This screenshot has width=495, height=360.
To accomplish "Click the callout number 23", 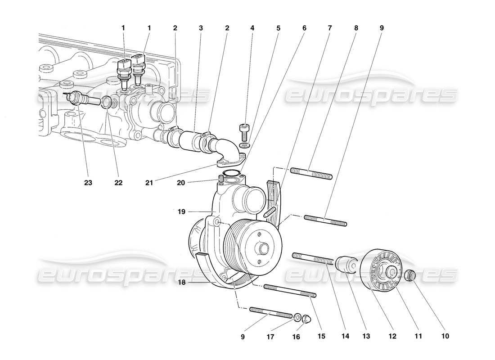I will point(88,183).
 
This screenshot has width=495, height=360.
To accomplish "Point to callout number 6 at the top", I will point(304,28).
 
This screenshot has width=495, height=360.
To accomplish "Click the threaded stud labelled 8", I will point(311,173).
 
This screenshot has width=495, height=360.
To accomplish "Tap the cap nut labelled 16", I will point(306,319).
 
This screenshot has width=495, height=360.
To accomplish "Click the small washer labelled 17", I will point(297,318).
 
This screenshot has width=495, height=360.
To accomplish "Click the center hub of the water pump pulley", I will point(262,248).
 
